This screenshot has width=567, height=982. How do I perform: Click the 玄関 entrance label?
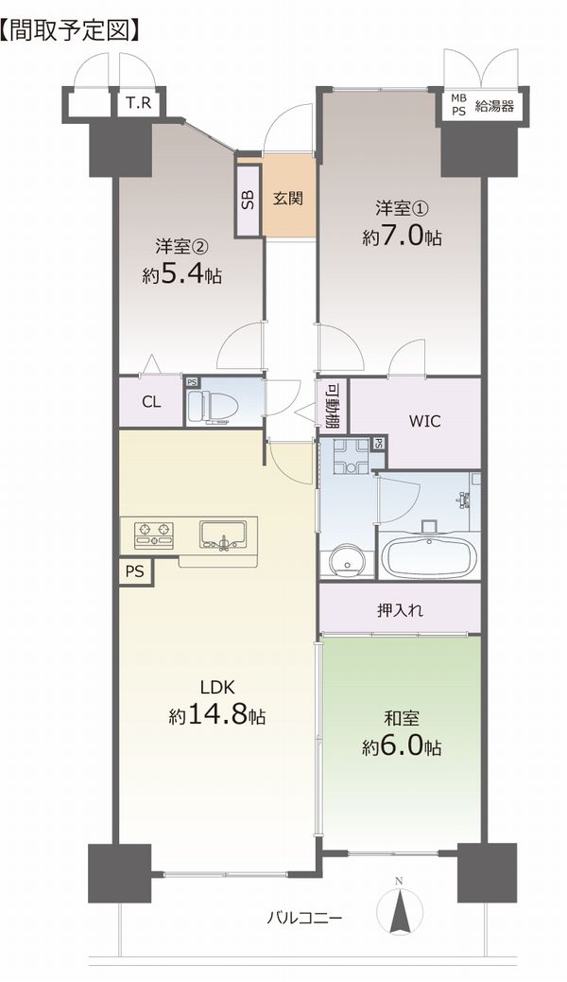coord(288,199)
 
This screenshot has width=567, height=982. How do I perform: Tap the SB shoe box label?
coord(248,200)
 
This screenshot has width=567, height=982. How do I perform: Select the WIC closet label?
coord(425,421)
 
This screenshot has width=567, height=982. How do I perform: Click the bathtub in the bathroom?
coord(430,555)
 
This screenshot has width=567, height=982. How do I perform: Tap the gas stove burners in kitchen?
coord(154,535)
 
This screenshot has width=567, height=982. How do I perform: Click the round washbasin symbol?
coord(344,561)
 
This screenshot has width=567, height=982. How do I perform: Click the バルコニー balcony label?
coord(305,919)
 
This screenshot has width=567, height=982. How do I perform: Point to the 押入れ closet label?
coord(400,610)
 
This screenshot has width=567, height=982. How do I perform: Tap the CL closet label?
coord(151,402)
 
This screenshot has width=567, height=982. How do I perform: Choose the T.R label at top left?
coord(138,103)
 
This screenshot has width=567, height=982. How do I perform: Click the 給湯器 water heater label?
coord(495,106)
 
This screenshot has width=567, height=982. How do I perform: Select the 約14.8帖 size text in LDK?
coord(216,714)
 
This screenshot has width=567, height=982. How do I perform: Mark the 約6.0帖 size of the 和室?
coord(402,746)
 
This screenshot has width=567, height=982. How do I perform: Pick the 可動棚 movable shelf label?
coord(333,406)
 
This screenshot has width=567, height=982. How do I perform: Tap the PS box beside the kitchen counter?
coord(135,571)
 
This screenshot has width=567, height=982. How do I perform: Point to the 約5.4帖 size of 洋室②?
coord(181,274)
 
